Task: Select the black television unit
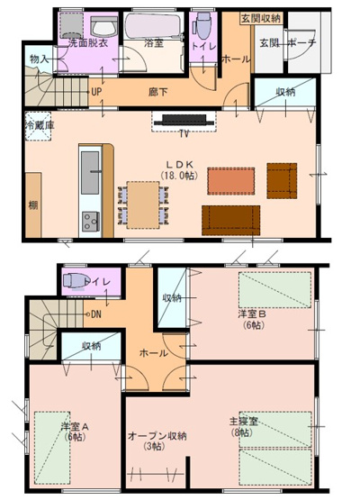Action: (x=183, y=120)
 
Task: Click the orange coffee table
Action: (x=226, y=181)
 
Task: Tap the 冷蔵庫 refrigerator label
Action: (x=39, y=125)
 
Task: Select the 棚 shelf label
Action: (x=33, y=205)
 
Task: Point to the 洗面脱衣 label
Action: (x=84, y=42)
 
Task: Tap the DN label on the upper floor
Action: (x=95, y=314)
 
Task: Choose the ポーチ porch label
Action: (x=301, y=42)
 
